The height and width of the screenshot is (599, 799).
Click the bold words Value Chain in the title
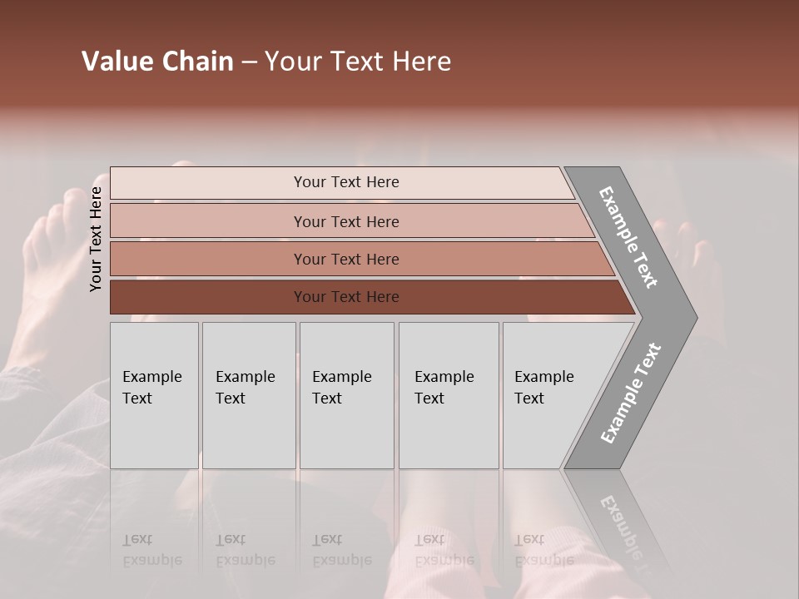click(x=157, y=62)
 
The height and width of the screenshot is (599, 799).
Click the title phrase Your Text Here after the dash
click(x=358, y=62)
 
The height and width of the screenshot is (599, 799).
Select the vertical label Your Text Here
click(x=96, y=239)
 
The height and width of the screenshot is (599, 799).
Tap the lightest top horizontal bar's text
click(x=346, y=182)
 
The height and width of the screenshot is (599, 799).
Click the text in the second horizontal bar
click(x=346, y=221)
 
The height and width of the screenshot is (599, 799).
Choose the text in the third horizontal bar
click(x=346, y=259)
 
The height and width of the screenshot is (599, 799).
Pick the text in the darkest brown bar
click(x=346, y=297)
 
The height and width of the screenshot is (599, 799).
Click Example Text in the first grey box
click(x=151, y=388)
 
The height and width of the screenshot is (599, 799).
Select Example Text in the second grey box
click(x=245, y=388)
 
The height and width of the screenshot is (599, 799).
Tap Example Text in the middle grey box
click(x=341, y=388)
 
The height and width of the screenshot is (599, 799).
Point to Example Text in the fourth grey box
click(x=444, y=388)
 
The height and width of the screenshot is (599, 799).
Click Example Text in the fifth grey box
click(x=543, y=388)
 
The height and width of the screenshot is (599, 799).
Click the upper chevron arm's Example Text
click(x=628, y=237)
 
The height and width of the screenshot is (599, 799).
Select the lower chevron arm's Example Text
click(x=631, y=394)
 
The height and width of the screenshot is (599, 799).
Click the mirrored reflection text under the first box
click(x=151, y=550)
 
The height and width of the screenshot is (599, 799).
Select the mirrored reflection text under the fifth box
click(x=543, y=550)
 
